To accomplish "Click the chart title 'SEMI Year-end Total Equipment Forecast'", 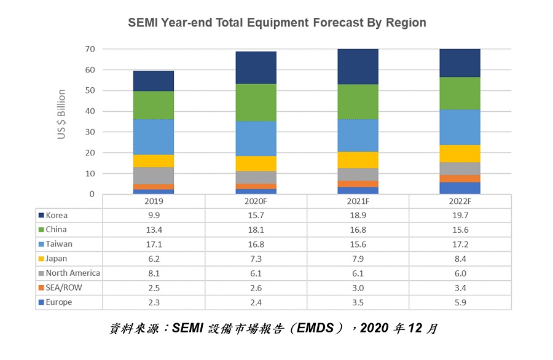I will [276, 23].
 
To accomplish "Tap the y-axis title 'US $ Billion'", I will [61, 114].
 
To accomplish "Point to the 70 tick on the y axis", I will [90, 49].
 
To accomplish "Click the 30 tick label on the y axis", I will [90, 132].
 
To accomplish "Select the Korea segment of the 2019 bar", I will [154, 81].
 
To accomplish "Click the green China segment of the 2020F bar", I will [256, 103].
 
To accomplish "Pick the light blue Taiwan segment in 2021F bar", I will [358, 135].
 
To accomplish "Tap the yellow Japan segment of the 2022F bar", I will [460, 154].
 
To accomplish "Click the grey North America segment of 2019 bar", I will [154, 176].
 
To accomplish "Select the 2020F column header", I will [256, 202].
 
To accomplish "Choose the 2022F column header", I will [460, 202].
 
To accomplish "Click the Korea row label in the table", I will [57, 216].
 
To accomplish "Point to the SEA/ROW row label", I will [62, 288].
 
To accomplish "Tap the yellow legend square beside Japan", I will [41, 259].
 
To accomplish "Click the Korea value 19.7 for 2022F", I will [460, 216].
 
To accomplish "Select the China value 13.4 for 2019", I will [154, 230].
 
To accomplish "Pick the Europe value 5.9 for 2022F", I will [460, 302].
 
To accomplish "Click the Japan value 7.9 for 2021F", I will [358, 259].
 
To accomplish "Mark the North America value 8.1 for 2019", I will [154, 273].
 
